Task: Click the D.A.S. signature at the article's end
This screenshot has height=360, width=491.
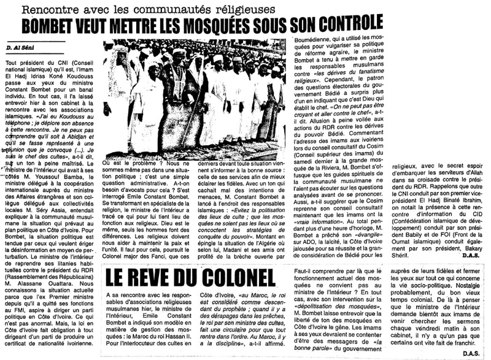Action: (x=473, y=353)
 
